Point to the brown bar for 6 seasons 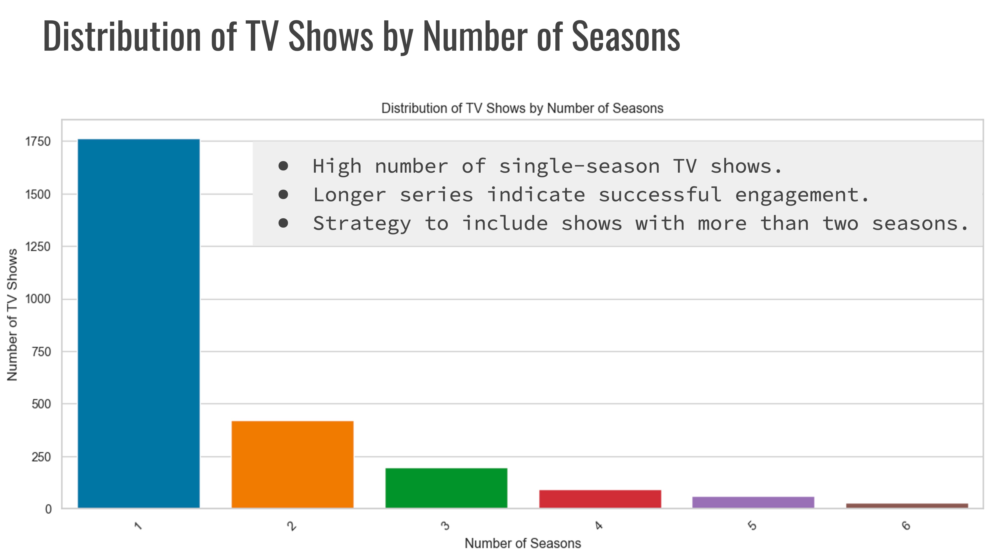pos(907,505)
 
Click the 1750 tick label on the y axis pos(38,142)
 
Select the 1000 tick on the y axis pos(38,299)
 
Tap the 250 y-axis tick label pos(41,457)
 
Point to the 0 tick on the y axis pos(48,509)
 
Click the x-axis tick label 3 pos(445,525)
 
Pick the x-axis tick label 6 pos(906,525)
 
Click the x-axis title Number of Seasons pos(522,543)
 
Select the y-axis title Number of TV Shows pos(12,315)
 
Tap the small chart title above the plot pos(522,108)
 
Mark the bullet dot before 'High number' pos(283,166)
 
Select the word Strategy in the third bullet pos(362,224)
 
